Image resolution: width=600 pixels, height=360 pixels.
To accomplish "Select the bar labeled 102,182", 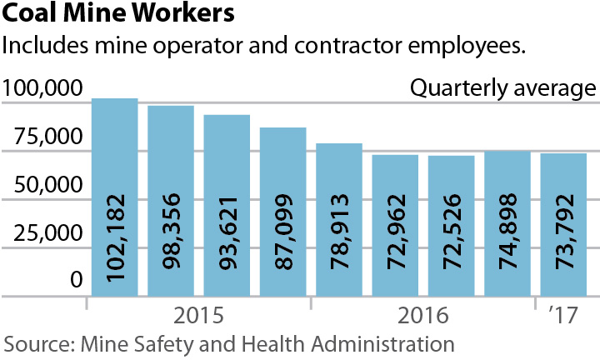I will coord(114,197).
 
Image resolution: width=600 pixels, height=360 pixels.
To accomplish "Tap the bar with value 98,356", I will coord(171,201).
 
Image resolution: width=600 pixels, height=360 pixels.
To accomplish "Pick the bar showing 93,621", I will coord(227,205).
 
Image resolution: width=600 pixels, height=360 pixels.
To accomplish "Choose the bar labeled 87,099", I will coord(282,212).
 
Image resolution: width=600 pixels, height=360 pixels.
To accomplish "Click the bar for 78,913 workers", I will coord(339,219).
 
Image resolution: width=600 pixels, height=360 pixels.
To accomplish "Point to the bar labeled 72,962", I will coord(395,225).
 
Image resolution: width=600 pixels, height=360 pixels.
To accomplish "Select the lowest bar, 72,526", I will coord(451,226).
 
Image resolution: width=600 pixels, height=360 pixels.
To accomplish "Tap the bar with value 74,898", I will coord(507,223).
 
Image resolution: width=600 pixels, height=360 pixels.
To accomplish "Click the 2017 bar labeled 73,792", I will coord(563,224).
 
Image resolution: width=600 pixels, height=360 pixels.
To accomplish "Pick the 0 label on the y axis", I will coord(76,282).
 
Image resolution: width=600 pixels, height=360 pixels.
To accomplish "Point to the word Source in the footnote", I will coord(32,343).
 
